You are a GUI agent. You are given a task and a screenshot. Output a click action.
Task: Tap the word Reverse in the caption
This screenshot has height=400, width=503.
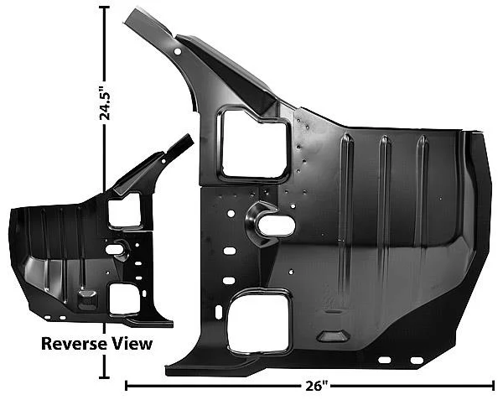tap(74, 344)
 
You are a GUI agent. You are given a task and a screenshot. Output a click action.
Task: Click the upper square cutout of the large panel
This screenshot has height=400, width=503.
tap(254, 144)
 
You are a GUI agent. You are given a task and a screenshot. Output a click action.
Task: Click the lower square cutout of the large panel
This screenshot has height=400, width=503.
tap(258, 322)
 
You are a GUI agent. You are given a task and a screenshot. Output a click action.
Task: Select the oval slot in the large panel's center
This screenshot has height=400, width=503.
tap(277, 226)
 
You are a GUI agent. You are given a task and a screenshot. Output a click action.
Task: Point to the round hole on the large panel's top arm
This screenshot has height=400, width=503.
tap(178, 51)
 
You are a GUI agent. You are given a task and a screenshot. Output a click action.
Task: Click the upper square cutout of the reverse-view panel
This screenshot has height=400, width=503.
tap(125, 210)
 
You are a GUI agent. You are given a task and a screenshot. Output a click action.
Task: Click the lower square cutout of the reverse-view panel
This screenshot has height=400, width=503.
tap(125, 299)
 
